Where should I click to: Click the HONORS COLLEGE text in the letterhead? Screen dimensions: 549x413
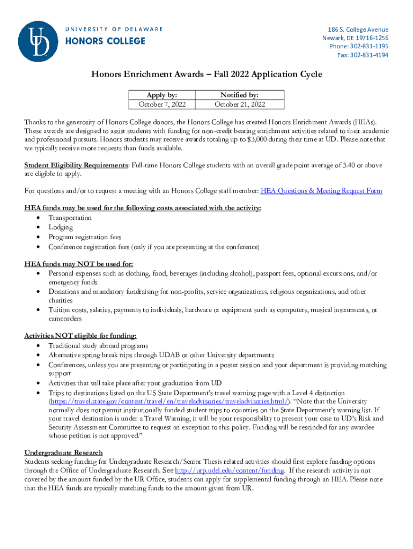coord(105,41)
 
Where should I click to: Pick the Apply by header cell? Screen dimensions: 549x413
coord(161,94)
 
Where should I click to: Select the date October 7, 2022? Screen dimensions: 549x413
coord(161,104)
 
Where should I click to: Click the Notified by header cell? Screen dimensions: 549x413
coord(240,94)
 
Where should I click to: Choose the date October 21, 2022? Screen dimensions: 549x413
coord(240,104)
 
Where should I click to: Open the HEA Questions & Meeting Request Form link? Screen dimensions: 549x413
coord(321,191)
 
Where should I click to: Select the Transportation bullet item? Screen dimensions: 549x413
coord(70,218)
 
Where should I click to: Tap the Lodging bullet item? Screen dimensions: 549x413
coord(61,227)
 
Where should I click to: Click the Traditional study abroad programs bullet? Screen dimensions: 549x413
coord(98,346)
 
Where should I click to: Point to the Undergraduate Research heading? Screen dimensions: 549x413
coord(63,452)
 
